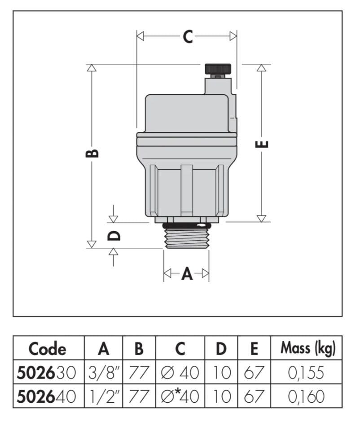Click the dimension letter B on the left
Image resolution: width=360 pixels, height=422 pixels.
[92, 153]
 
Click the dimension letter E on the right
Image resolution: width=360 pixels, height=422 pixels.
[263, 145]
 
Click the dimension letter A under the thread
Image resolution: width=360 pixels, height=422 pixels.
[186, 273]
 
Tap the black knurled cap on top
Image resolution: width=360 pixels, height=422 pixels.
[218, 69]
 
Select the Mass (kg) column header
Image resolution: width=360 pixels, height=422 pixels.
[308, 349]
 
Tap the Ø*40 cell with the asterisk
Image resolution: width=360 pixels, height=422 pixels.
[180, 396]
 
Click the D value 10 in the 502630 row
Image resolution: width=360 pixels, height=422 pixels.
[221, 373]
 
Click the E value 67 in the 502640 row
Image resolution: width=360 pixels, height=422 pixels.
[254, 396]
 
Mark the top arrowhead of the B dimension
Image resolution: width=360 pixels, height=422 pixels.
[92, 68]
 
